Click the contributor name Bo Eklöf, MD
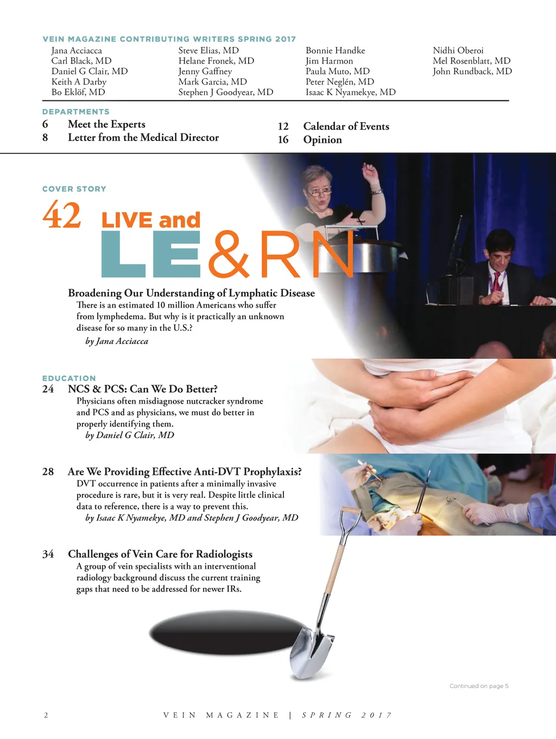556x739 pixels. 78,92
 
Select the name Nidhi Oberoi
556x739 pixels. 458,50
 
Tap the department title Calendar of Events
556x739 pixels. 346,126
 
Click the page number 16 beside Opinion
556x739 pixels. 283,139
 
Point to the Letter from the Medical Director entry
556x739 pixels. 143,137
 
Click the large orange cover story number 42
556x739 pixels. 62,214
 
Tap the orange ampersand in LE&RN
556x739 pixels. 229,254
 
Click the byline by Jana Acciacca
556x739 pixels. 117,341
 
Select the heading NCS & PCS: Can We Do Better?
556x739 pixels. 142,389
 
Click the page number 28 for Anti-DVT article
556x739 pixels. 48,472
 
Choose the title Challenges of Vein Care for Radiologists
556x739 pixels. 160,554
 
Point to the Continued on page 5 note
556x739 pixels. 478,686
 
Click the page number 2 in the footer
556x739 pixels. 46,715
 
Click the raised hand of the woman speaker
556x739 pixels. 370,171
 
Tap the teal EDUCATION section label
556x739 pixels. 69,378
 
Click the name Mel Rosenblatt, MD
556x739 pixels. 471,61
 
